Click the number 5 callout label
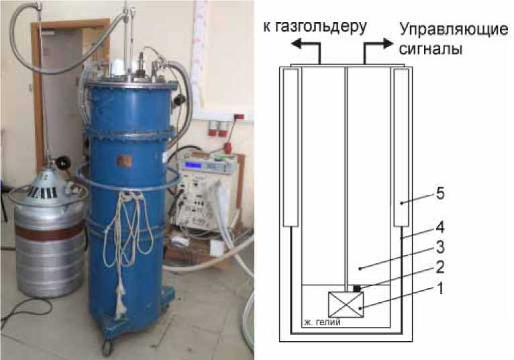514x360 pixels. [440, 193]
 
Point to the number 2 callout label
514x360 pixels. [440, 267]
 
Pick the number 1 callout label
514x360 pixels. [440, 289]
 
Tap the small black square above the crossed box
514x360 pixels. [358, 288]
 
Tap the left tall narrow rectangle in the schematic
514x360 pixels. [291, 148]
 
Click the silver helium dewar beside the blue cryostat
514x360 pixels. [49, 235]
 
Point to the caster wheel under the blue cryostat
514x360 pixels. [106, 347]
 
